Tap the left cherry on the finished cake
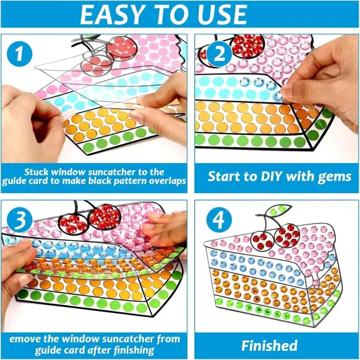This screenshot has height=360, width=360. pos(261,240)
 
